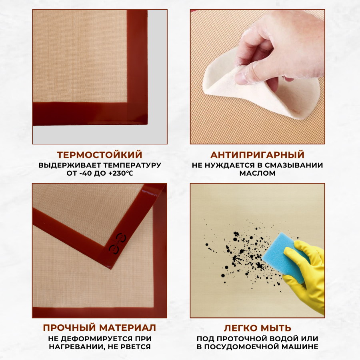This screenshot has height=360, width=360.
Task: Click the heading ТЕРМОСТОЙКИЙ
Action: (100, 155)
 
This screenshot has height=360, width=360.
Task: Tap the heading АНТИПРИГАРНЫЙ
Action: (257, 155)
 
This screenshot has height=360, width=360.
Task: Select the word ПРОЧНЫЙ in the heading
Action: (69, 328)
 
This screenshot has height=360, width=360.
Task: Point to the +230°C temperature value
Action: (120, 173)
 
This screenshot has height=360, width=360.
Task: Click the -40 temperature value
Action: (86, 173)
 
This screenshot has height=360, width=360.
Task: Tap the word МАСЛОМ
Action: (257, 173)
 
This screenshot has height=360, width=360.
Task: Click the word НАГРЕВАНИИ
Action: (75, 347)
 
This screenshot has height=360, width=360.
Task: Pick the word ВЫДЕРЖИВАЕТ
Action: (70, 165)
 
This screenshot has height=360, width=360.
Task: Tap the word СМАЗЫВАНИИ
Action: (294, 165)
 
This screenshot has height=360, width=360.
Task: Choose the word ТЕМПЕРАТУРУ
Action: (132, 165)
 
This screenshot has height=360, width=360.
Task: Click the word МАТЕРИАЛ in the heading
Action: (128, 328)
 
